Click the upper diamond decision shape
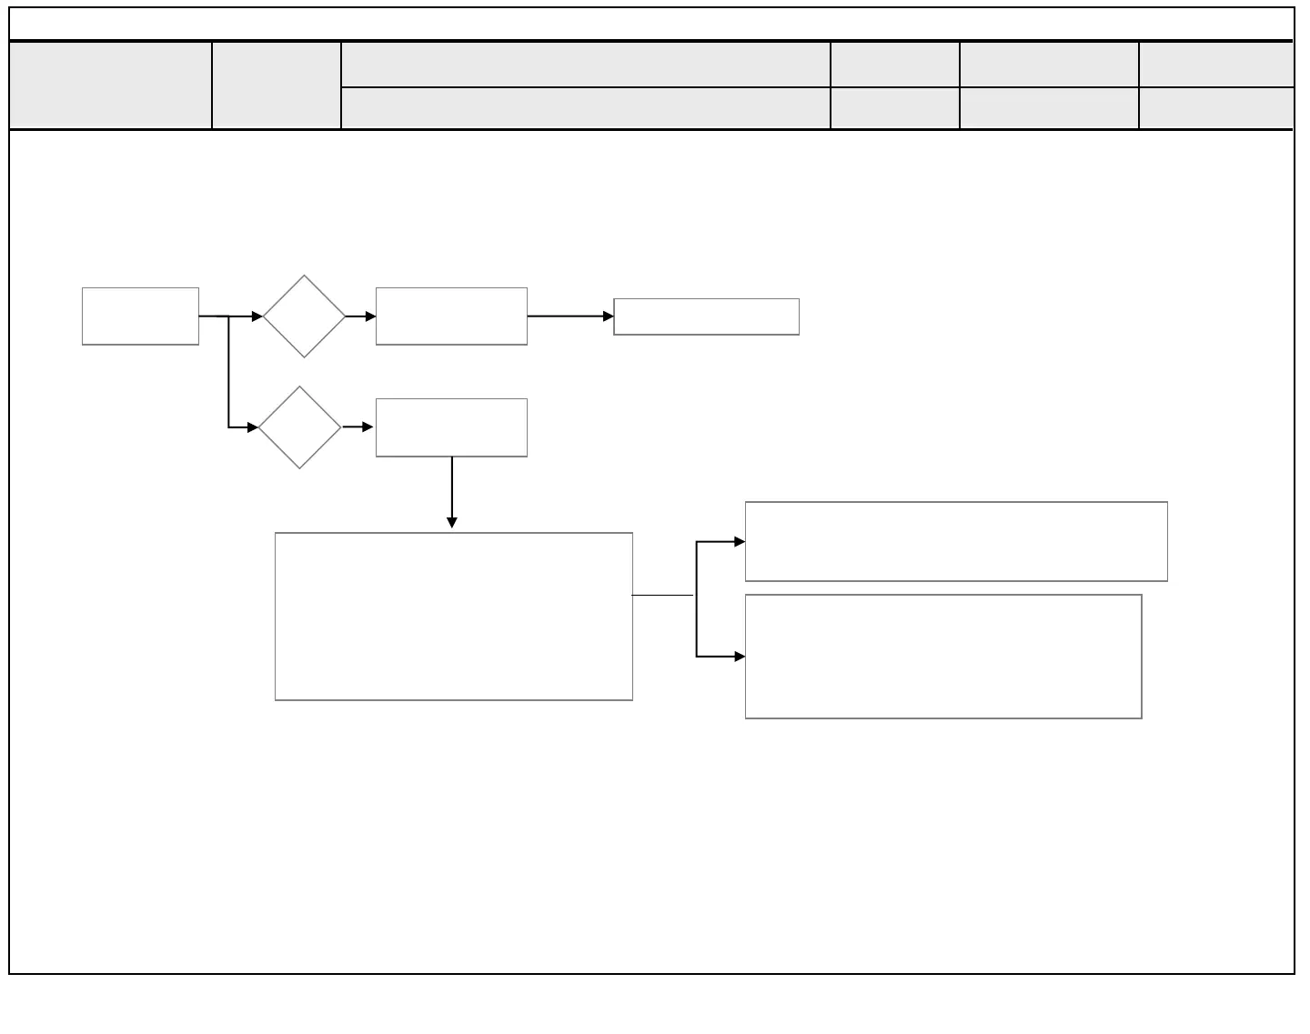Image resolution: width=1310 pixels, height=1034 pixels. [x=305, y=316]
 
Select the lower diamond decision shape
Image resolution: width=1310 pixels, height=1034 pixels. [x=300, y=427]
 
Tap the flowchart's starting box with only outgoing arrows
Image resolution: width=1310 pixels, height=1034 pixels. [x=140, y=316]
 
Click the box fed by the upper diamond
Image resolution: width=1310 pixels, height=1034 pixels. [x=451, y=316]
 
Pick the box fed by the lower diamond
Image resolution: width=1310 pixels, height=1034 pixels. [x=451, y=427]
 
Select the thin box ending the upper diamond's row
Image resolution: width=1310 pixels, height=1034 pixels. [x=706, y=316]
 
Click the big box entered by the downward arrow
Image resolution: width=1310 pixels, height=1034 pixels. [x=453, y=617]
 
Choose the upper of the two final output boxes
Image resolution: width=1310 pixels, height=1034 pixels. [x=956, y=541]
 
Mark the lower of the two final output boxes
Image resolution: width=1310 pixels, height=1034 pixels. [x=943, y=657]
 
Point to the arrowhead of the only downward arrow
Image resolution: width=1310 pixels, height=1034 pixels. [x=452, y=523]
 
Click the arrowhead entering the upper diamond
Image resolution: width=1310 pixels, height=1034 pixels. [x=257, y=316]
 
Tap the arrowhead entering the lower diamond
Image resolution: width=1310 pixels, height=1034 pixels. [x=253, y=427]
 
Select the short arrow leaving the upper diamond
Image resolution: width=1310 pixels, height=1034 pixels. [x=360, y=316]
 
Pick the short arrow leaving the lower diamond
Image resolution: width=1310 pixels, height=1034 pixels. [x=358, y=427]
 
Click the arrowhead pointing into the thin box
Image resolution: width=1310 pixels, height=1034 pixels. [x=609, y=316]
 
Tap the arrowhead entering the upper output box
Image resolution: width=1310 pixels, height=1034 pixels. [x=740, y=542]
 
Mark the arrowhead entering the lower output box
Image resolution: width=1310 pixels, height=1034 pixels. [x=740, y=657]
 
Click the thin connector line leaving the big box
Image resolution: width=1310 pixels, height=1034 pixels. [x=663, y=596]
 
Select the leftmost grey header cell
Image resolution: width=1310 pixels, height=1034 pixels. [x=110, y=85]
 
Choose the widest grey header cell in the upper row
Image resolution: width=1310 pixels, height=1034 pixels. [x=585, y=65]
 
